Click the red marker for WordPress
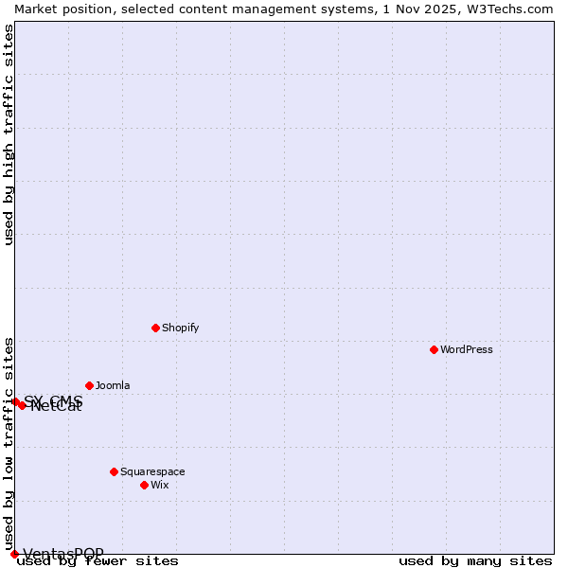(434, 349)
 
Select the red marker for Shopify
(155, 328)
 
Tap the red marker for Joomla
(89, 385)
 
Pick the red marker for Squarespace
(114, 471)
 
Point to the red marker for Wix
(144, 485)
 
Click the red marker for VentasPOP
(14, 554)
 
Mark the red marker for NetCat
(22, 405)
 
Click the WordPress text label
(467, 349)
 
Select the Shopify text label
(181, 328)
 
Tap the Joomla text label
(113, 385)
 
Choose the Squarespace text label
(152, 471)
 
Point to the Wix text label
(160, 485)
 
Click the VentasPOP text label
(63, 554)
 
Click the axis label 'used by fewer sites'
(98, 561)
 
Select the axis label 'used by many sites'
(475, 561)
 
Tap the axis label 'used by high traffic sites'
(9, 135)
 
